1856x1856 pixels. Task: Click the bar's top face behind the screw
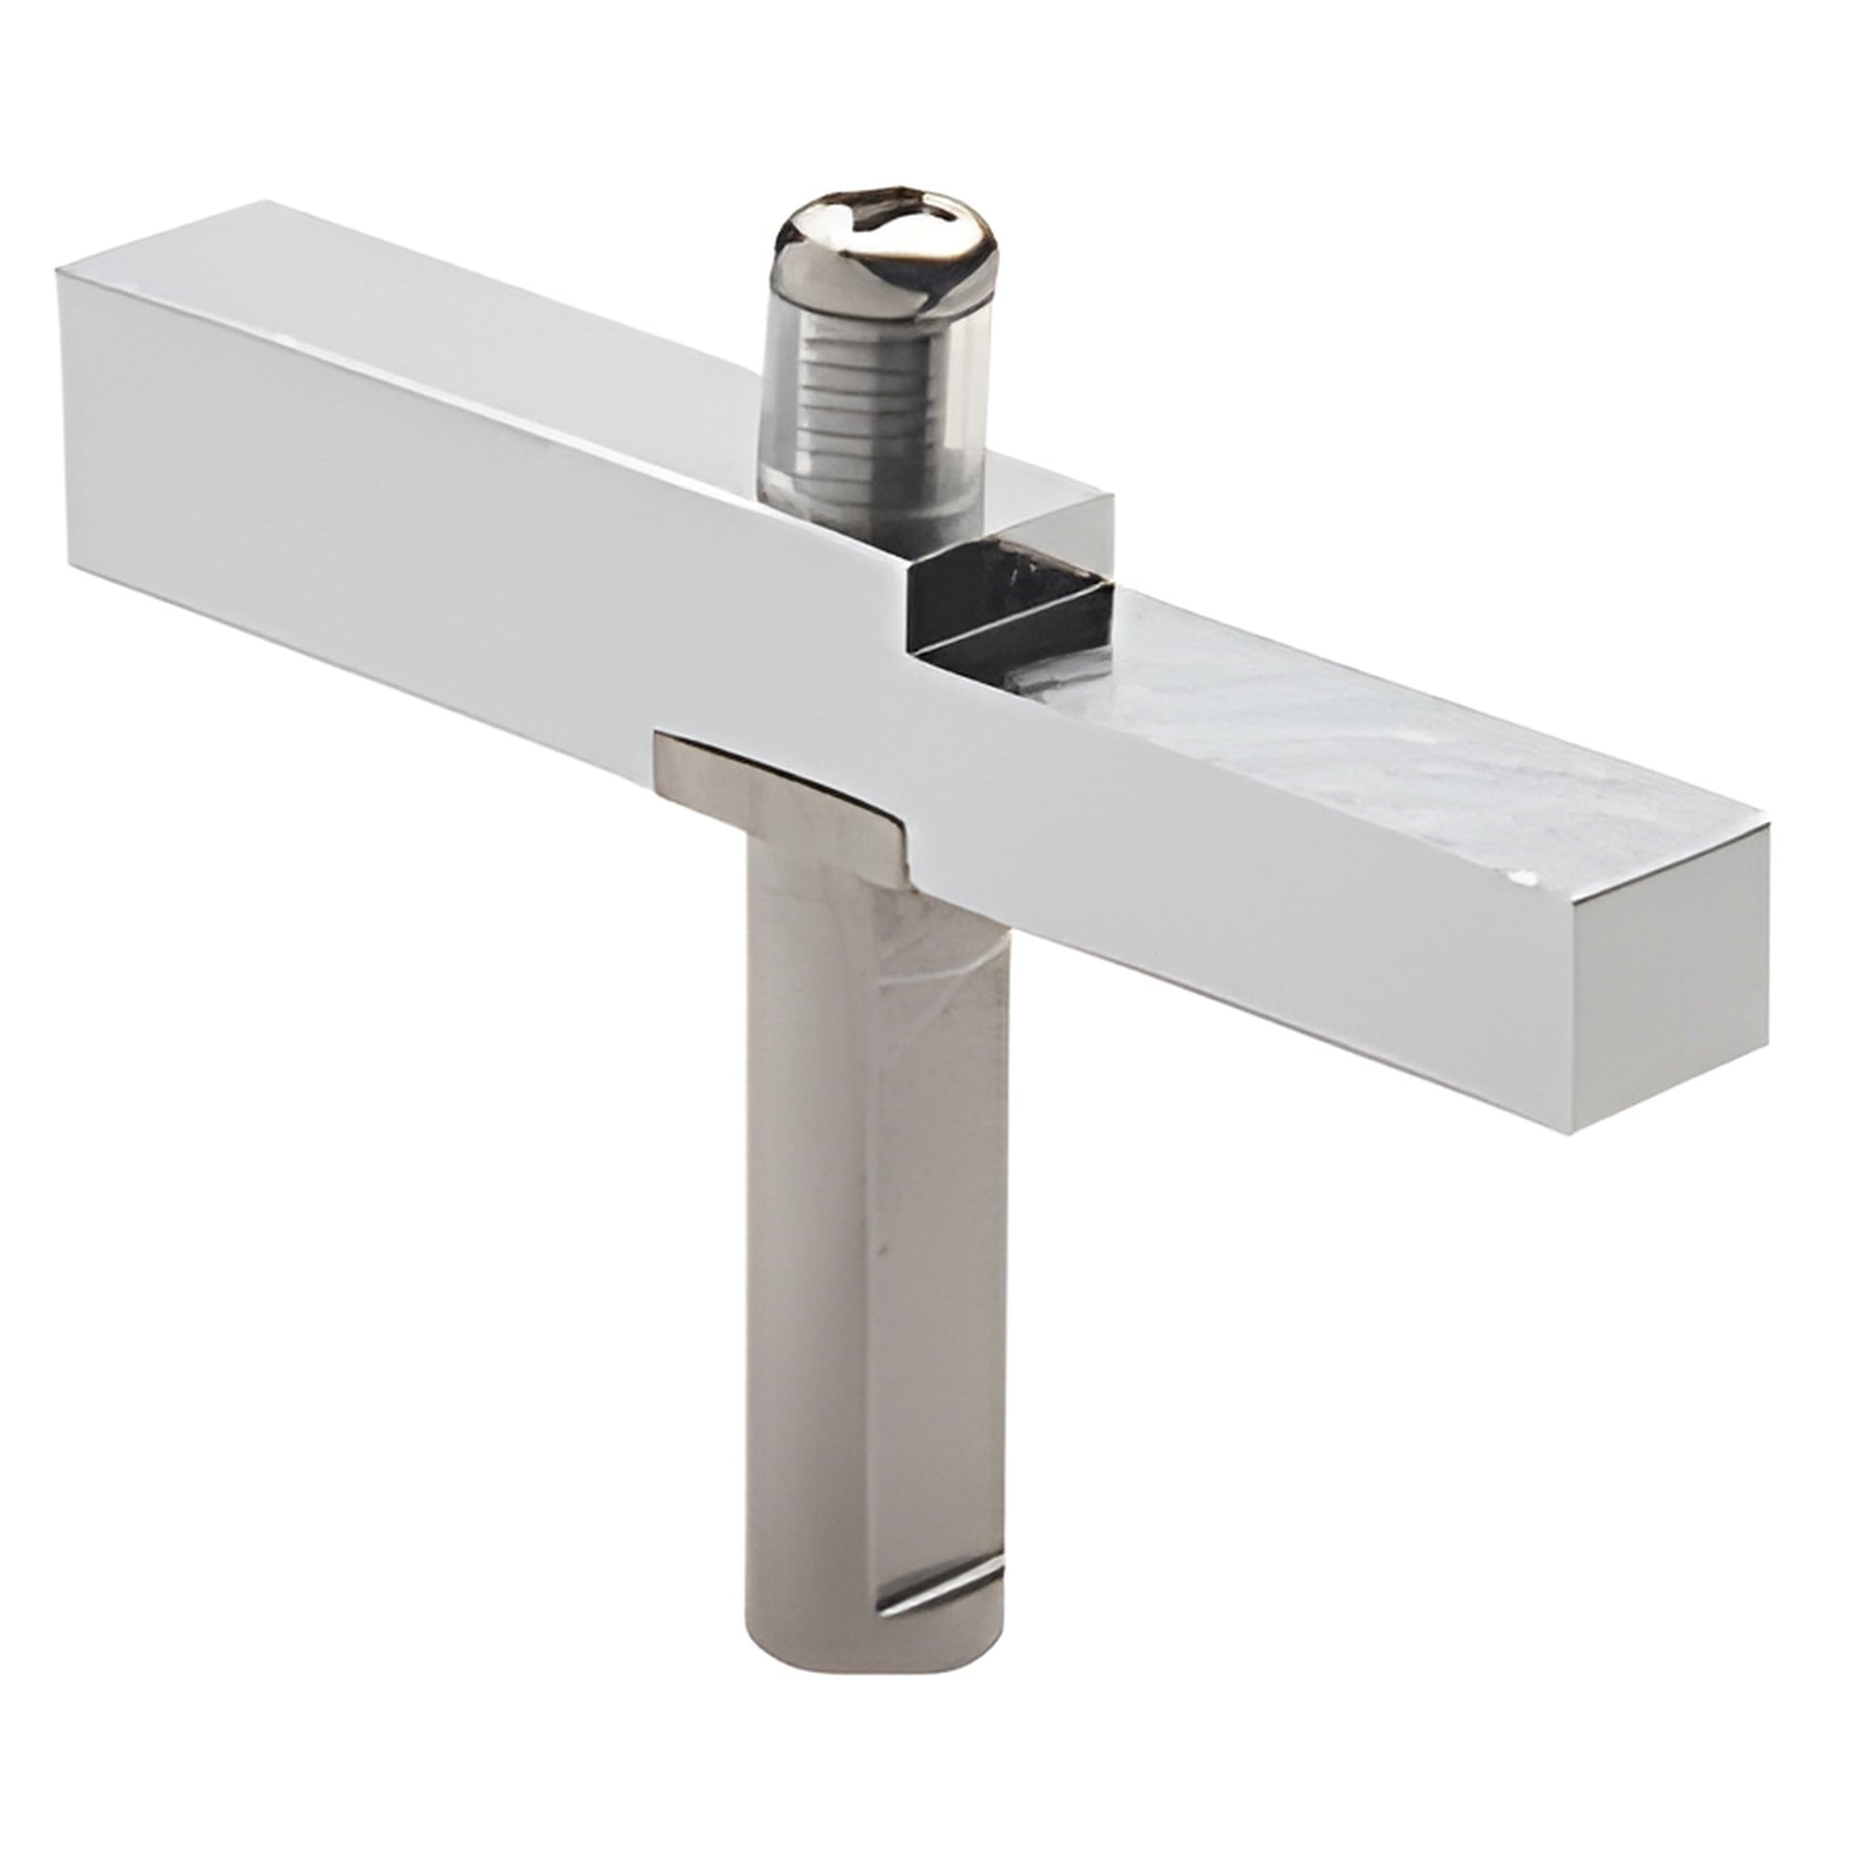pos(481,317)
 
